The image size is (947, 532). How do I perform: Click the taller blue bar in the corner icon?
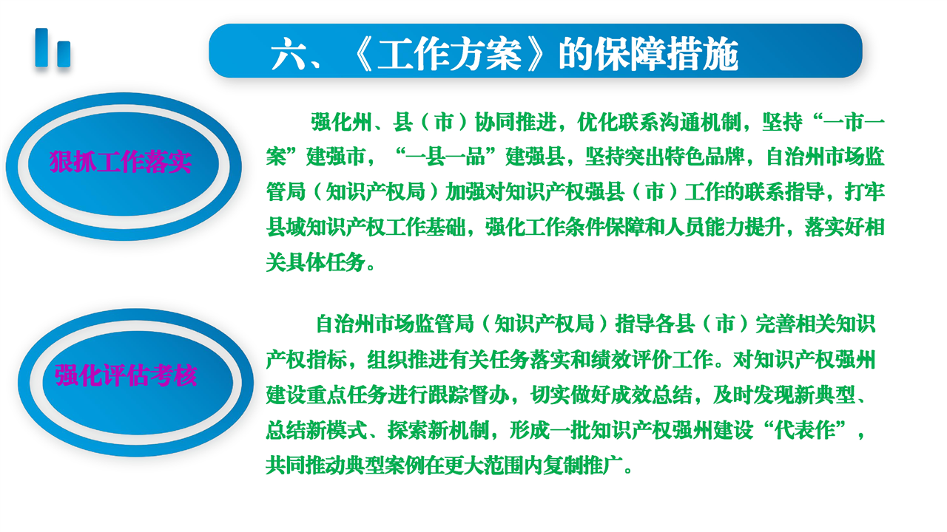[41, 48]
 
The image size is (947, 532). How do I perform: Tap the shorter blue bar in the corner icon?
[64, 54]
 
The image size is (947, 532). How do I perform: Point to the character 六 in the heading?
[289, 54]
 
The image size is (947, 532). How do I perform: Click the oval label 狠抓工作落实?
[121, 162]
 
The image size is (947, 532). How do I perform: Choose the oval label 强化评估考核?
[126, 375]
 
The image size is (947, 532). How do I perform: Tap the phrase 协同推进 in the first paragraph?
[516, 123]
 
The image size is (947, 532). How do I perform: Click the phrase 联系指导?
[784, 192]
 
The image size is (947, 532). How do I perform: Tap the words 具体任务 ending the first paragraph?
[325, 262]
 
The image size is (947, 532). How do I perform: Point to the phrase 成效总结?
[653, 395]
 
